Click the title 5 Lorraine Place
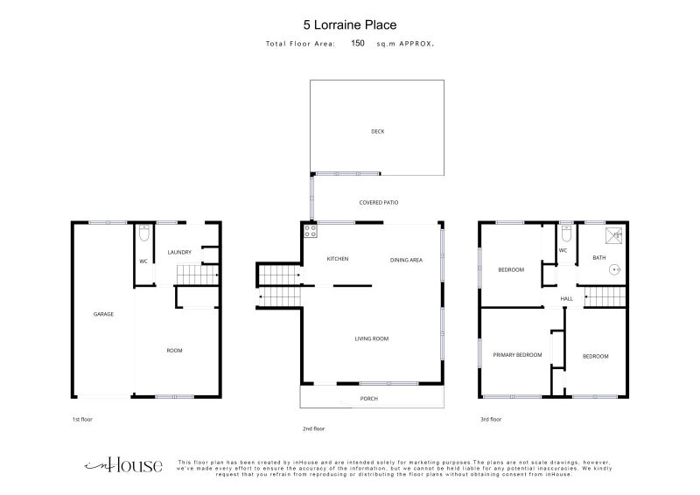350,25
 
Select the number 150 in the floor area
358,43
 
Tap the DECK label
378,131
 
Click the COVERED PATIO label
379,203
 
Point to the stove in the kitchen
311,231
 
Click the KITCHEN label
338,259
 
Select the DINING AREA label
406,261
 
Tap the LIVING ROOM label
371,338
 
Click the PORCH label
369,399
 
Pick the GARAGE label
103,314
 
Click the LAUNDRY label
179,252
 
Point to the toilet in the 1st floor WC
143,233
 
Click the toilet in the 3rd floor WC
566,233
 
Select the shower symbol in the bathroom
614,235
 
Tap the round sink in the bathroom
615,269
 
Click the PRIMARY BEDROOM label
517,355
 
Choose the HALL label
566,298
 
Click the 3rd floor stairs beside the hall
605,296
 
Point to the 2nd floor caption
314,429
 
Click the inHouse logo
123,465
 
